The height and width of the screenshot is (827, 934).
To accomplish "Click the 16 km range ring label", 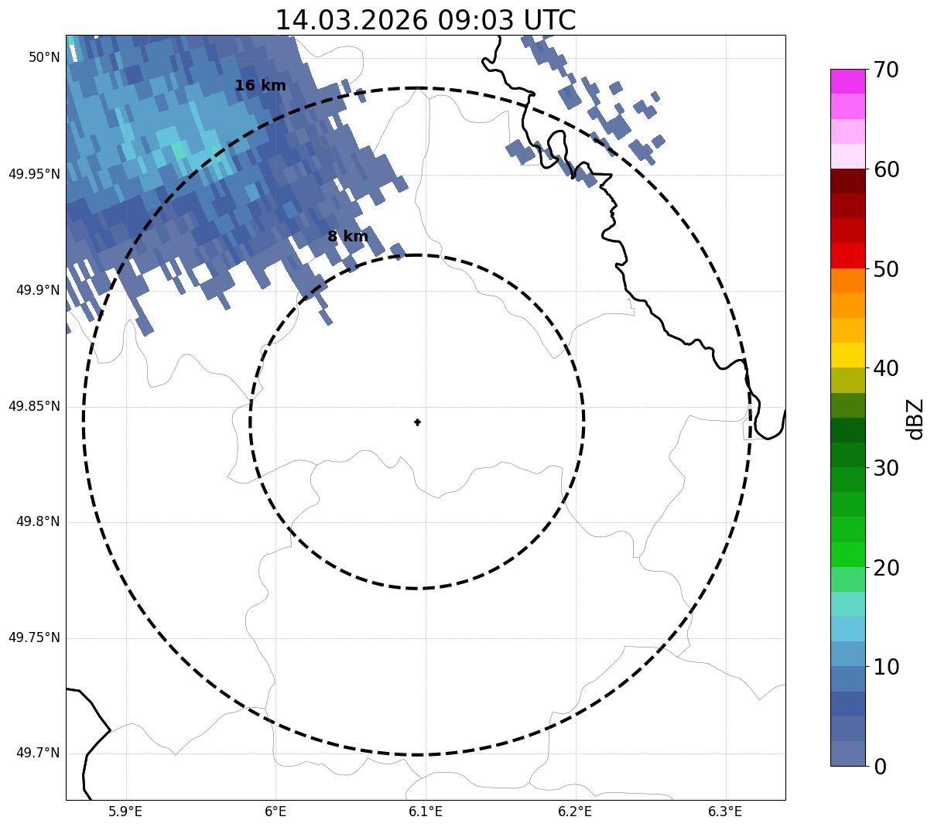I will (260, 86).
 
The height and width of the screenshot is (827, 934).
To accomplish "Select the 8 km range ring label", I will (347, 237).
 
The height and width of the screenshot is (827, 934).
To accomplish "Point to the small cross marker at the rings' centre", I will (417, 422).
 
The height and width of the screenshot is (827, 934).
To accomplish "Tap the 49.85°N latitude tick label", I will (34, 406).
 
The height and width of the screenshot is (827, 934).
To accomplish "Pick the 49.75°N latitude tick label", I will (34, 637).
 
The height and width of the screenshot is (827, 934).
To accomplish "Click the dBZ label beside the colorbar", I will (915, 419).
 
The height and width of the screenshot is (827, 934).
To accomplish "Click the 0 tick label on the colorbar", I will (881, 767).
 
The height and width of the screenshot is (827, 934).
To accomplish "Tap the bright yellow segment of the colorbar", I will (847, 355).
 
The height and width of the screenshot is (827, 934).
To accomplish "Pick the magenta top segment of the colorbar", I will (847, 81).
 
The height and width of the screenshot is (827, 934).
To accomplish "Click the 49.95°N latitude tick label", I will (34, 174).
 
